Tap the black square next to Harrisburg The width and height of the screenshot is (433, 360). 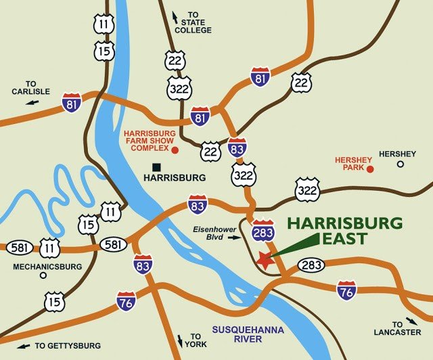pyautogui.click(x=156, y=166)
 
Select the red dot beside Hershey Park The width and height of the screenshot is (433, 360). pyautogui.click(x=369, y=168)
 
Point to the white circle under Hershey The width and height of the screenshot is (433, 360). pyautogui.click(x=400, y=164)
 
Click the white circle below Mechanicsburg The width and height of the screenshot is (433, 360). pyautogui.click(x=43, y=275)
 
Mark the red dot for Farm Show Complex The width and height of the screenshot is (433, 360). pyautogui.click(x=175, y=150)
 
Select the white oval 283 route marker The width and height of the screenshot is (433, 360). pyautogui.click(x=310, y=265)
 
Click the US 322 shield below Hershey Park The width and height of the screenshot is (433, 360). pyautogui.click(x=307, y=190)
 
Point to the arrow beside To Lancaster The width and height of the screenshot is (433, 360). pyautogui.click(x=412, y=321)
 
